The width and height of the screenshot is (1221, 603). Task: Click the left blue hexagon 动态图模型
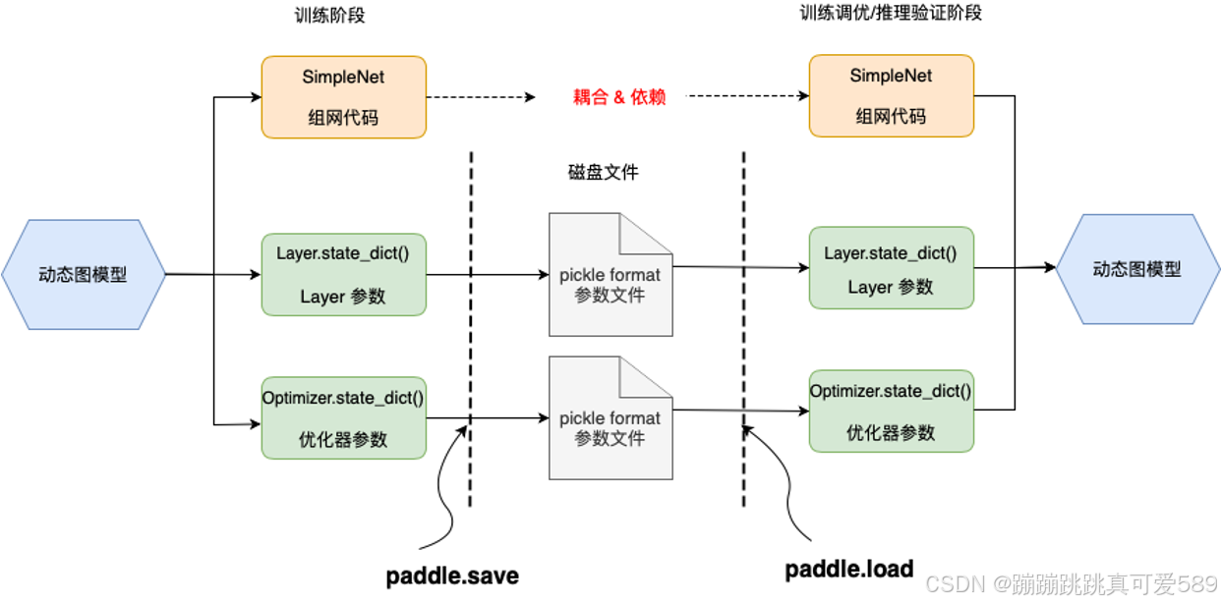[83, 274]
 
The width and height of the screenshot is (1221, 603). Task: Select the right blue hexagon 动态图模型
[1136, 269]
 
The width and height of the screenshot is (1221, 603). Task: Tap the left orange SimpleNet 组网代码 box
[343, 97]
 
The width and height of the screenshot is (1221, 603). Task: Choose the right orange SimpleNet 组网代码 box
[891, 95]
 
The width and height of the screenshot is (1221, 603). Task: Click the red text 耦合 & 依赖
[619, 98]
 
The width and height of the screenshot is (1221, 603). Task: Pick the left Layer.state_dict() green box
[343, 274]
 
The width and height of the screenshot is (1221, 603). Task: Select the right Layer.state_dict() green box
[891, 268]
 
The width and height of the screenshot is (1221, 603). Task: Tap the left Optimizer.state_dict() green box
[343, 416]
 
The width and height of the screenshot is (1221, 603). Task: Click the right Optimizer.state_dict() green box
[891, 411]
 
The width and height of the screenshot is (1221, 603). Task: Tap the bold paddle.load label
[849, 569]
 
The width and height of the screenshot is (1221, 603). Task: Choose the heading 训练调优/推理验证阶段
[890, 13]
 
